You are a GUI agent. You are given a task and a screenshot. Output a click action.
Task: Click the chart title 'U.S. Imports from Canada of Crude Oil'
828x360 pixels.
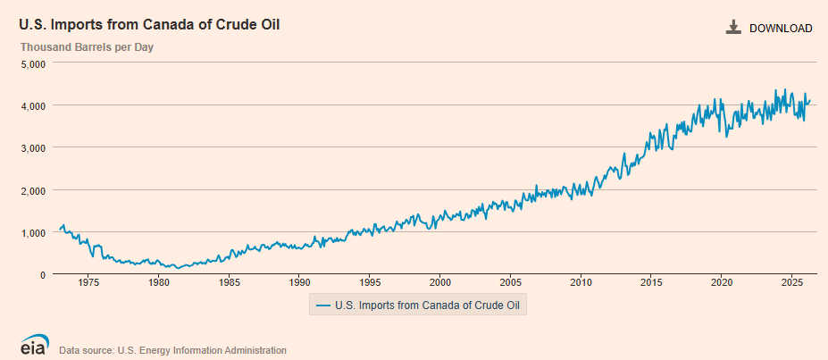point(149,25)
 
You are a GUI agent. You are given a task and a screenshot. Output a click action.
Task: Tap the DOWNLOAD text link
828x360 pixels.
point(781,29)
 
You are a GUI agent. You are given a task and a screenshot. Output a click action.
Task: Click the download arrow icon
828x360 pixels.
point(733,28)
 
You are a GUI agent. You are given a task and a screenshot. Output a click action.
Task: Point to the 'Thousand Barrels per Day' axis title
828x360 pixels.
point(88,47)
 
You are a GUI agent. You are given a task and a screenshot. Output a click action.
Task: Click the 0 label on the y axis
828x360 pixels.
point(44,275)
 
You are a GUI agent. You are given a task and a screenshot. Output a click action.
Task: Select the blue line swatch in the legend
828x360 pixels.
point(323,306)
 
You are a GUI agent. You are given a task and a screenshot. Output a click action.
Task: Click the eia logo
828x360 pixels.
point(35,345)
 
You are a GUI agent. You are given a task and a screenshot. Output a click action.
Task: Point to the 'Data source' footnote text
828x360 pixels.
point(172,350)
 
